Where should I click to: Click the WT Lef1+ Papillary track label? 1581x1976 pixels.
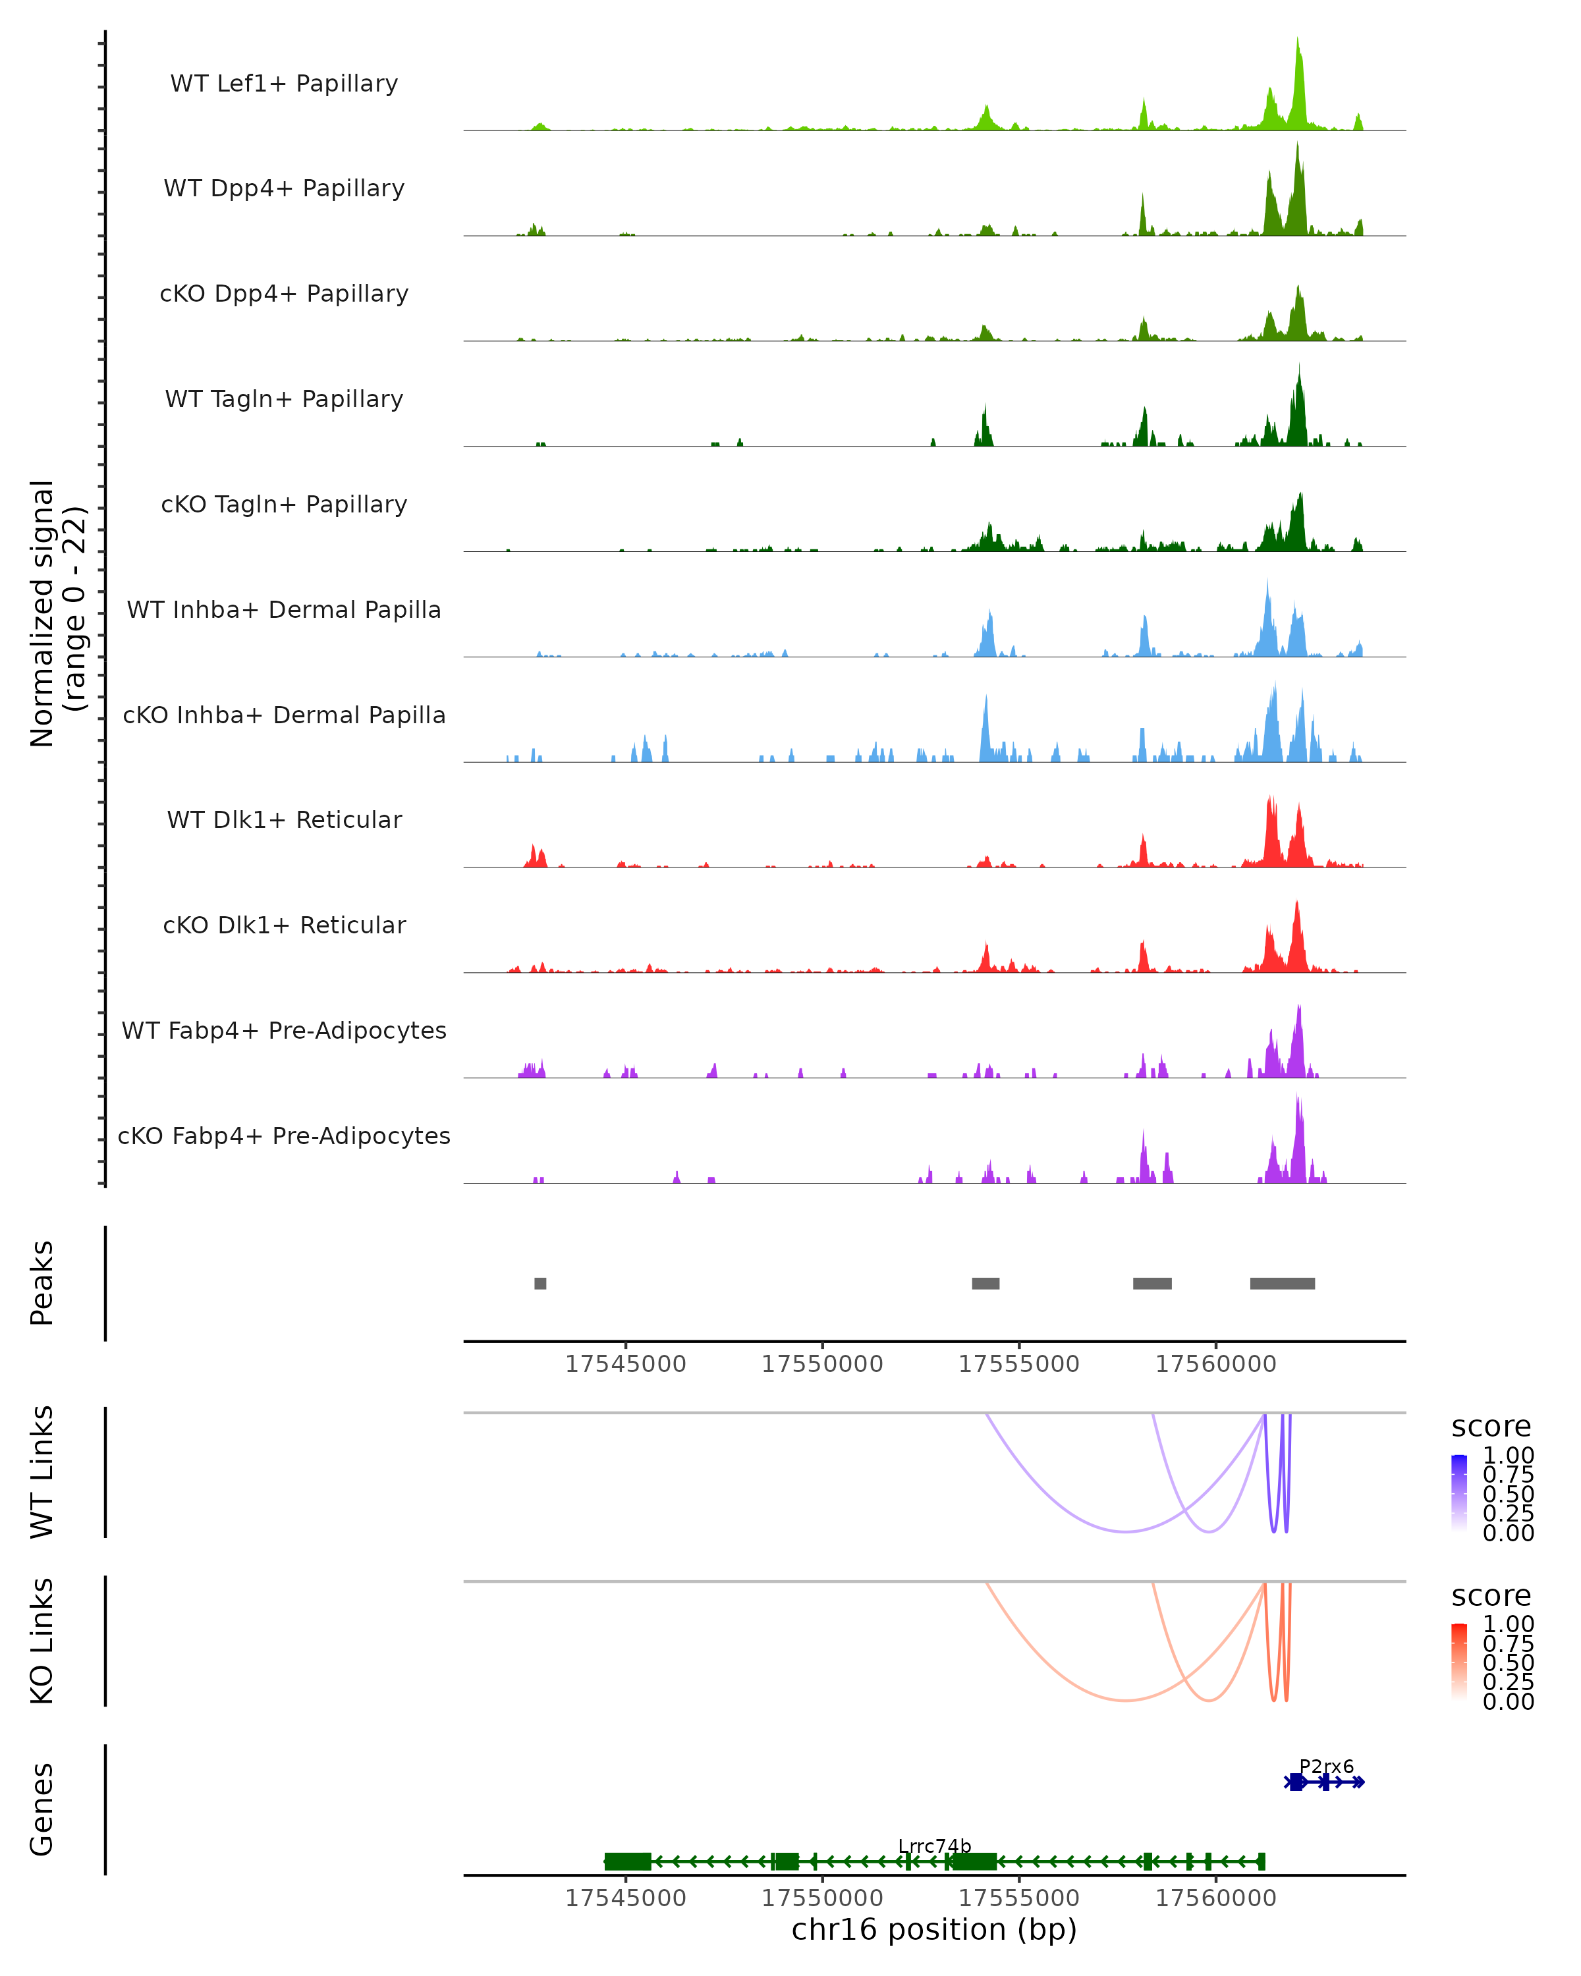tap(284, 84)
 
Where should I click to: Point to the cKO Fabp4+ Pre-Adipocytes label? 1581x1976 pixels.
tap(284, 1136)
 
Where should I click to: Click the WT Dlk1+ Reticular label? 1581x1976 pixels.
tap(284, 819)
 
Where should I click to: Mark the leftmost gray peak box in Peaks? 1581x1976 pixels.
tap(541, 1283)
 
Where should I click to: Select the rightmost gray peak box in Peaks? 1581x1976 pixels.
tap(1282, 1283)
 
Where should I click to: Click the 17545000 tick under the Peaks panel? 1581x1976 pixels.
tap(626, 1364)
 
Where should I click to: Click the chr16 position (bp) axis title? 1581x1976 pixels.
tap(934, 1929)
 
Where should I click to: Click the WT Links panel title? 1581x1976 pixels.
tap(42, 1471)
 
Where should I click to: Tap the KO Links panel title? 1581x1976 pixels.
tap(42, 1641)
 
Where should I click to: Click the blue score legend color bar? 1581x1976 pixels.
tap(1459, 1492)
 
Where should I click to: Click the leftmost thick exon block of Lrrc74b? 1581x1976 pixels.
tap(628, 1861)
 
